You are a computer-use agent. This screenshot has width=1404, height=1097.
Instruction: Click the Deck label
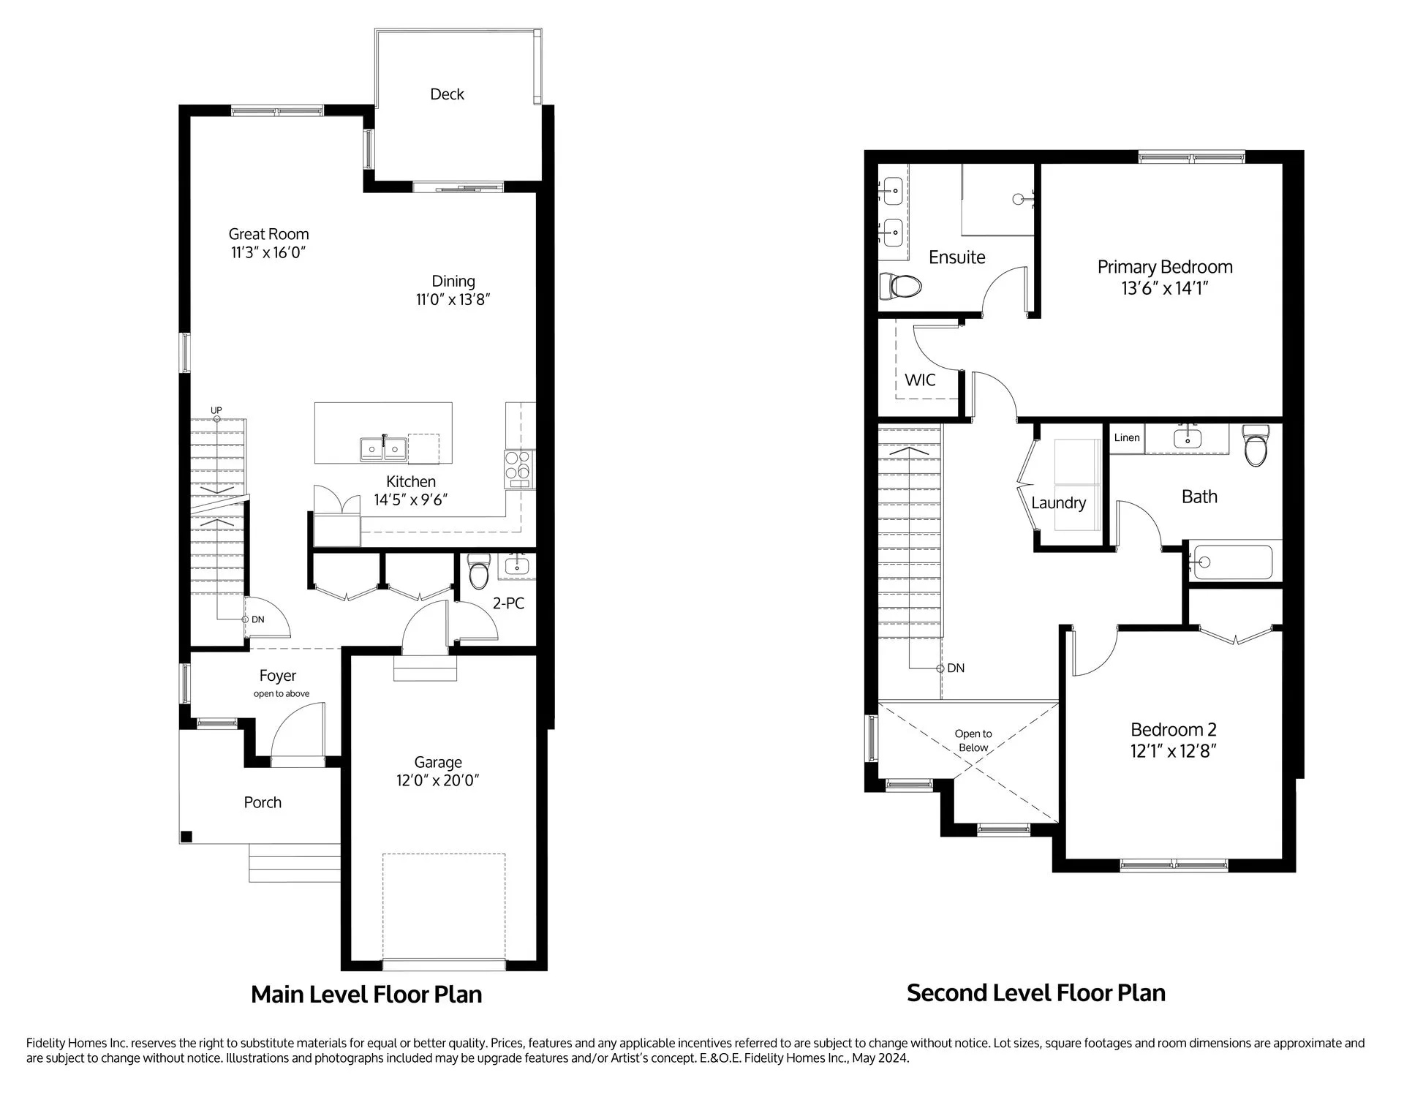pos(447,94)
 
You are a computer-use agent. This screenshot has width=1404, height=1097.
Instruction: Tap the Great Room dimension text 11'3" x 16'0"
pos(268,253)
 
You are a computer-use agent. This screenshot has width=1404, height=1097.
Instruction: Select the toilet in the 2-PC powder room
pos(478,571)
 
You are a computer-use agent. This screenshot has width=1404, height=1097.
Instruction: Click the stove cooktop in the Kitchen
pos(519,469)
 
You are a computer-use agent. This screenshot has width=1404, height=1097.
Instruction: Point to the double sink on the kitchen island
pos(383,449)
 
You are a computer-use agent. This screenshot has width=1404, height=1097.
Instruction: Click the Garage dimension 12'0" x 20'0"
pos(438,780)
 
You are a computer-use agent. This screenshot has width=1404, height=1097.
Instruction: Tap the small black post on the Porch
pos(186,837)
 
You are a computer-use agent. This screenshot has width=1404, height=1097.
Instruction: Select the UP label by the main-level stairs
pos(216,410)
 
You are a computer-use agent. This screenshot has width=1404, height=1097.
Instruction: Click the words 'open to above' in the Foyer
pos(282,693)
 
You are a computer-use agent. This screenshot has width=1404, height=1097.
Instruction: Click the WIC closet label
pos(920,380)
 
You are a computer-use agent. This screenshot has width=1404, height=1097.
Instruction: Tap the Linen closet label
pos(1127,437)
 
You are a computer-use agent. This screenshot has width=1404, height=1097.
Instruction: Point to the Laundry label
pos(1058,503)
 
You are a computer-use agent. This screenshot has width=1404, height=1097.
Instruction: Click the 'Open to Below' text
pos(973,740)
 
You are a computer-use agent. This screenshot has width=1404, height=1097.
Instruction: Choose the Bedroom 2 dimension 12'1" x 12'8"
pos(1173,751)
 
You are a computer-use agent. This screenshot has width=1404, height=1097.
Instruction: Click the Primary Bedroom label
pos(1165,267)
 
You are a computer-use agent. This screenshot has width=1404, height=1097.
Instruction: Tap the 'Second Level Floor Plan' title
pos(1036,992)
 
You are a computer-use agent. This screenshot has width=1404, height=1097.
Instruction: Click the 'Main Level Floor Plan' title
pos(366,995)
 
